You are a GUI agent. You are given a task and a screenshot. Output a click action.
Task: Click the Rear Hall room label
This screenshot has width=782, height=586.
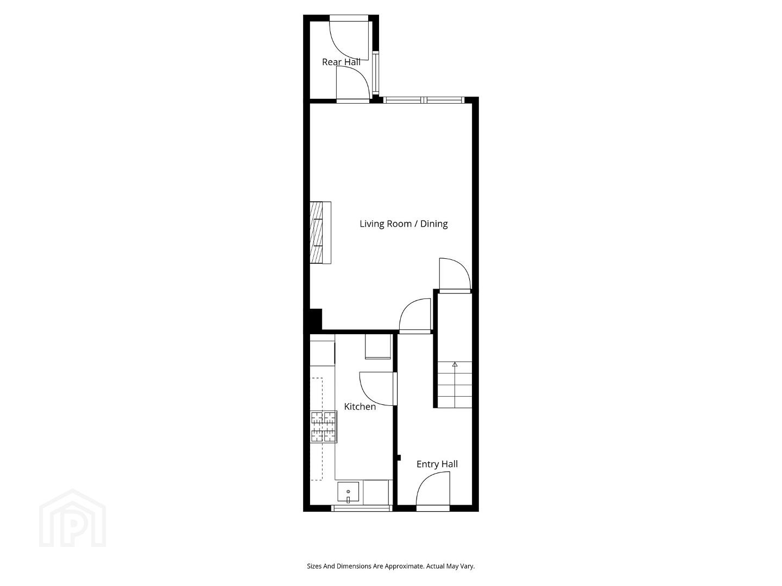(341, 62)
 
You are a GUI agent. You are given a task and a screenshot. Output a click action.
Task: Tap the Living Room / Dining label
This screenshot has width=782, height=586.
(403, 224)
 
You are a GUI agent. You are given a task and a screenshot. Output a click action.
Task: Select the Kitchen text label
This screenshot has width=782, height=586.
(360, 407)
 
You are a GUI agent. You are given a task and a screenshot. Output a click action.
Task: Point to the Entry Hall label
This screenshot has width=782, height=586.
(437, 464)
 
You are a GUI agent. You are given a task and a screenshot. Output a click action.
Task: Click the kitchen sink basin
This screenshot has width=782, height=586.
(348, 493)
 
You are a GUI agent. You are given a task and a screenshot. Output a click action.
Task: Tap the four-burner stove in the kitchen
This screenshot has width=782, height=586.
(324, 426)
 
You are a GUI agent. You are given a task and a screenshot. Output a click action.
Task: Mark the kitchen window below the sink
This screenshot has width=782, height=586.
(362, 508)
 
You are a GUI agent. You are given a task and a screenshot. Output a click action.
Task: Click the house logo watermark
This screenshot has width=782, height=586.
(73, 518)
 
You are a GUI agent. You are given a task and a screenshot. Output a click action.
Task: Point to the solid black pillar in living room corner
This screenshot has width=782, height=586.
(316, 319)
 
